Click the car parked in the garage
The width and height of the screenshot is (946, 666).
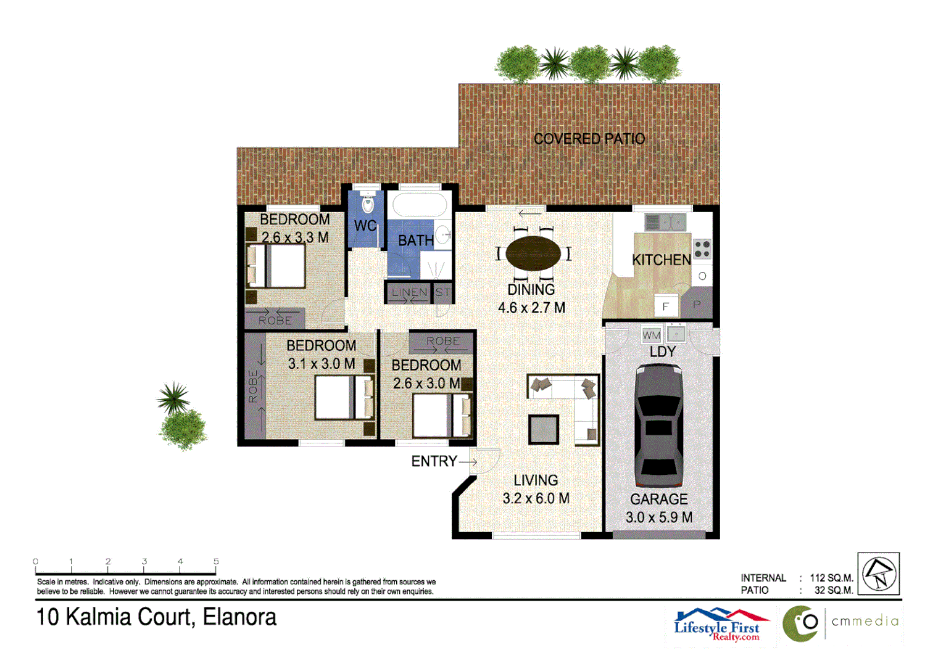658,425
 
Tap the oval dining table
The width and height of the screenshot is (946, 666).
533,253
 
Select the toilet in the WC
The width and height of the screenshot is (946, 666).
368,203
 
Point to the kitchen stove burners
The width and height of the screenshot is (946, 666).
702,249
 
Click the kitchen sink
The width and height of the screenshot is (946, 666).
665,221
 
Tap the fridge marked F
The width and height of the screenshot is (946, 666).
666,306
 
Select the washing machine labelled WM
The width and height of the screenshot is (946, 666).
652,335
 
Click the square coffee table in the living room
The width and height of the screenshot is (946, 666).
544,429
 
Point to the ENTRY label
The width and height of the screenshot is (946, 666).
434,461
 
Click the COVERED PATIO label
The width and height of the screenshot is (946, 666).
589,139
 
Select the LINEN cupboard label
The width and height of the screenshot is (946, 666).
409,292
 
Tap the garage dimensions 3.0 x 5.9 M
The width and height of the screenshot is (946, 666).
658,517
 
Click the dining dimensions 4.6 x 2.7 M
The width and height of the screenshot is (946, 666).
531,308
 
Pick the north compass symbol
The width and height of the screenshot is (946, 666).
879,573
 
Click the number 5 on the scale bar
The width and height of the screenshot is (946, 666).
216,561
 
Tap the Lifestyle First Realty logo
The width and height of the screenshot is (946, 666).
719,625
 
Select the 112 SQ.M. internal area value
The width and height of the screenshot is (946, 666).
831,578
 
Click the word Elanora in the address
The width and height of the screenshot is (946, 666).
239,617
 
